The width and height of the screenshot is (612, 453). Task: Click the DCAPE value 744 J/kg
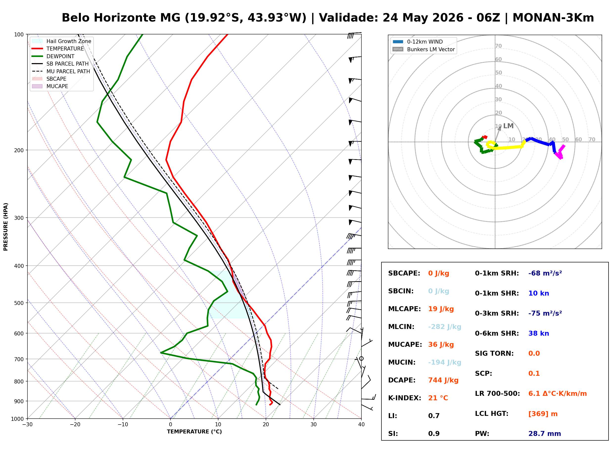(x=443, y=380)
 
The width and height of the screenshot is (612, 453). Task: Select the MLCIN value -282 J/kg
(x=445, y=327)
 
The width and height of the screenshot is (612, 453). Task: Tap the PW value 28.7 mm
(x=545, y=434)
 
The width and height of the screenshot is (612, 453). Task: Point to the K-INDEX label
(x=405, y=398)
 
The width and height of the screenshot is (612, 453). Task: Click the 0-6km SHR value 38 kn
(x=539, y=333)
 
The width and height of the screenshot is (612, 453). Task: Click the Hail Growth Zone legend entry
(x=62, y=41)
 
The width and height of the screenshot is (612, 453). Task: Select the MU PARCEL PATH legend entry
(x=61, y=71)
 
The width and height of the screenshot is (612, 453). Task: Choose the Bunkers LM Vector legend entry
(x=424, y=49)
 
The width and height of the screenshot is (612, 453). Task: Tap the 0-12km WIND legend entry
(x=418, y=42)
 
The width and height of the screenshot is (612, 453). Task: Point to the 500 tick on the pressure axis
(x=19, y=303)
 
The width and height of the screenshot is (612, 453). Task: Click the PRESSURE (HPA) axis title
(x=6, y=227)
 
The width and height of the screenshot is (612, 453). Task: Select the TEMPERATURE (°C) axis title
(x=194, y=432)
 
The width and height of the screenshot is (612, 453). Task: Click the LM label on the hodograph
(x=508, y=126)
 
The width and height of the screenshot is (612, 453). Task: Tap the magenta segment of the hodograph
(x=559, y=152)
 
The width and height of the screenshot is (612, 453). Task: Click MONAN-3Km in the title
(x=553, y=18)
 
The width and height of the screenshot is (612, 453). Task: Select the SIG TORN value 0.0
(x=534, y=353)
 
